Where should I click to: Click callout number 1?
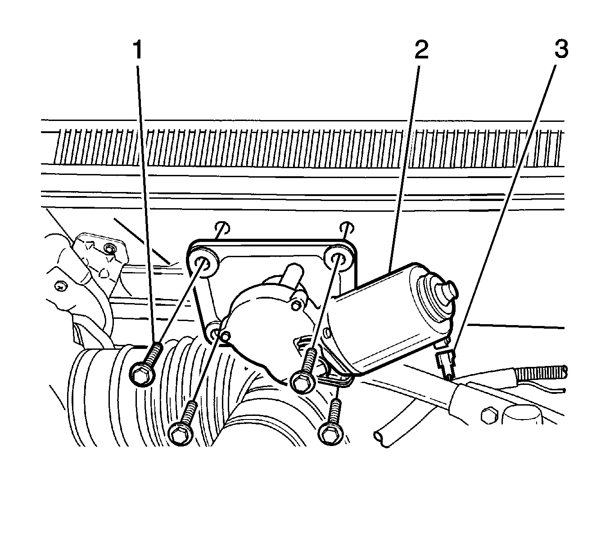pyautogui.click(x=137, y=50)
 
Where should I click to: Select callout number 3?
pyautogui.click(x=560, y=50)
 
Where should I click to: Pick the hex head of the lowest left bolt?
pyautogui.click(x=180, y=433)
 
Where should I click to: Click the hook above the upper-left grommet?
pyautogui.click(x=222, y=228)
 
